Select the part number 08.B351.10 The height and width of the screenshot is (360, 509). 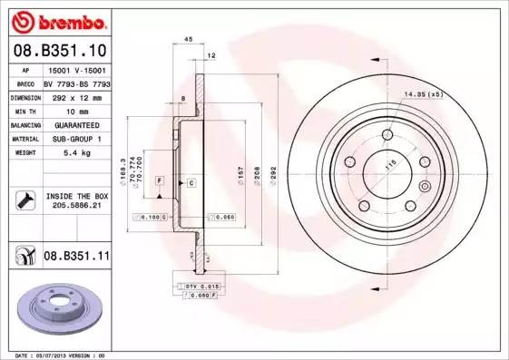[x=59, y=51]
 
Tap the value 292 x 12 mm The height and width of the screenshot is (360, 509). [x=75, y=95]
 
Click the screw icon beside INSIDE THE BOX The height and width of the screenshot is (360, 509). [x=24, y=200]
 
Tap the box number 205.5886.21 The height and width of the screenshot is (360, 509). [x=75, y=206]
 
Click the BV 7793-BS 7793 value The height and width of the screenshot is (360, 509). [x=75, y=82]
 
